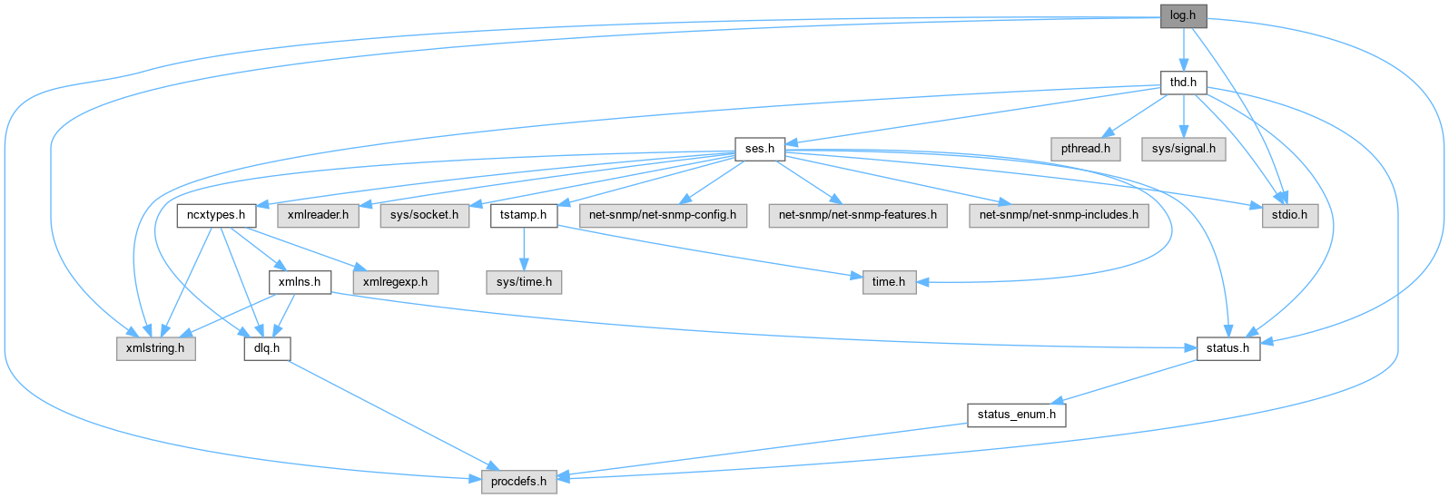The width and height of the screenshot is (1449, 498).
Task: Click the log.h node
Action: point(1182,15)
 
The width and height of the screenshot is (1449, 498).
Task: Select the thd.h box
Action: point(1182,83)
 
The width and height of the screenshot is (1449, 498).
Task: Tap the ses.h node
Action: point(759,149)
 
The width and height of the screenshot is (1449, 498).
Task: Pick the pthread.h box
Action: point(1085,149)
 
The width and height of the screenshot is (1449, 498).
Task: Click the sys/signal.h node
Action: point(1183,149)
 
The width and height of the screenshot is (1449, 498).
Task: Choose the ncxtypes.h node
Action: point(216,215)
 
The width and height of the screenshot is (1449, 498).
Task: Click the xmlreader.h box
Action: point(318,215)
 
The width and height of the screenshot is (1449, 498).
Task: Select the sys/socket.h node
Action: point(424,215)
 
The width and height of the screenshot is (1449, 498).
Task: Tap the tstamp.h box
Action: point(524,215)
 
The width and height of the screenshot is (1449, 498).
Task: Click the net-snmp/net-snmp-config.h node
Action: point(663,215)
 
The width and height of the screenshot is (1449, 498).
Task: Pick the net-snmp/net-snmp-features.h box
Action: point(858,215)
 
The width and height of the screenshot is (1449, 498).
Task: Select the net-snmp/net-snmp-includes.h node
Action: point(1059,215)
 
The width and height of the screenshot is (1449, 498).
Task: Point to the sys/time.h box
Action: point(524,282)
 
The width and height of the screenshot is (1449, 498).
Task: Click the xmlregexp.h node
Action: point(395,282)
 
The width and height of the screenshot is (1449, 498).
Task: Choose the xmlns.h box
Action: point(300,282)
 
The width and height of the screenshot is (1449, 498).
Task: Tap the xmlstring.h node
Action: point(155,348)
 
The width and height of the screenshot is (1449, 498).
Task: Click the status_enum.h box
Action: point(1016,415)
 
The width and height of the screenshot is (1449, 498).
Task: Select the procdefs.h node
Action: point(518,481)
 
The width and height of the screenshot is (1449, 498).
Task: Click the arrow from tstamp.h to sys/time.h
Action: point(524,249)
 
